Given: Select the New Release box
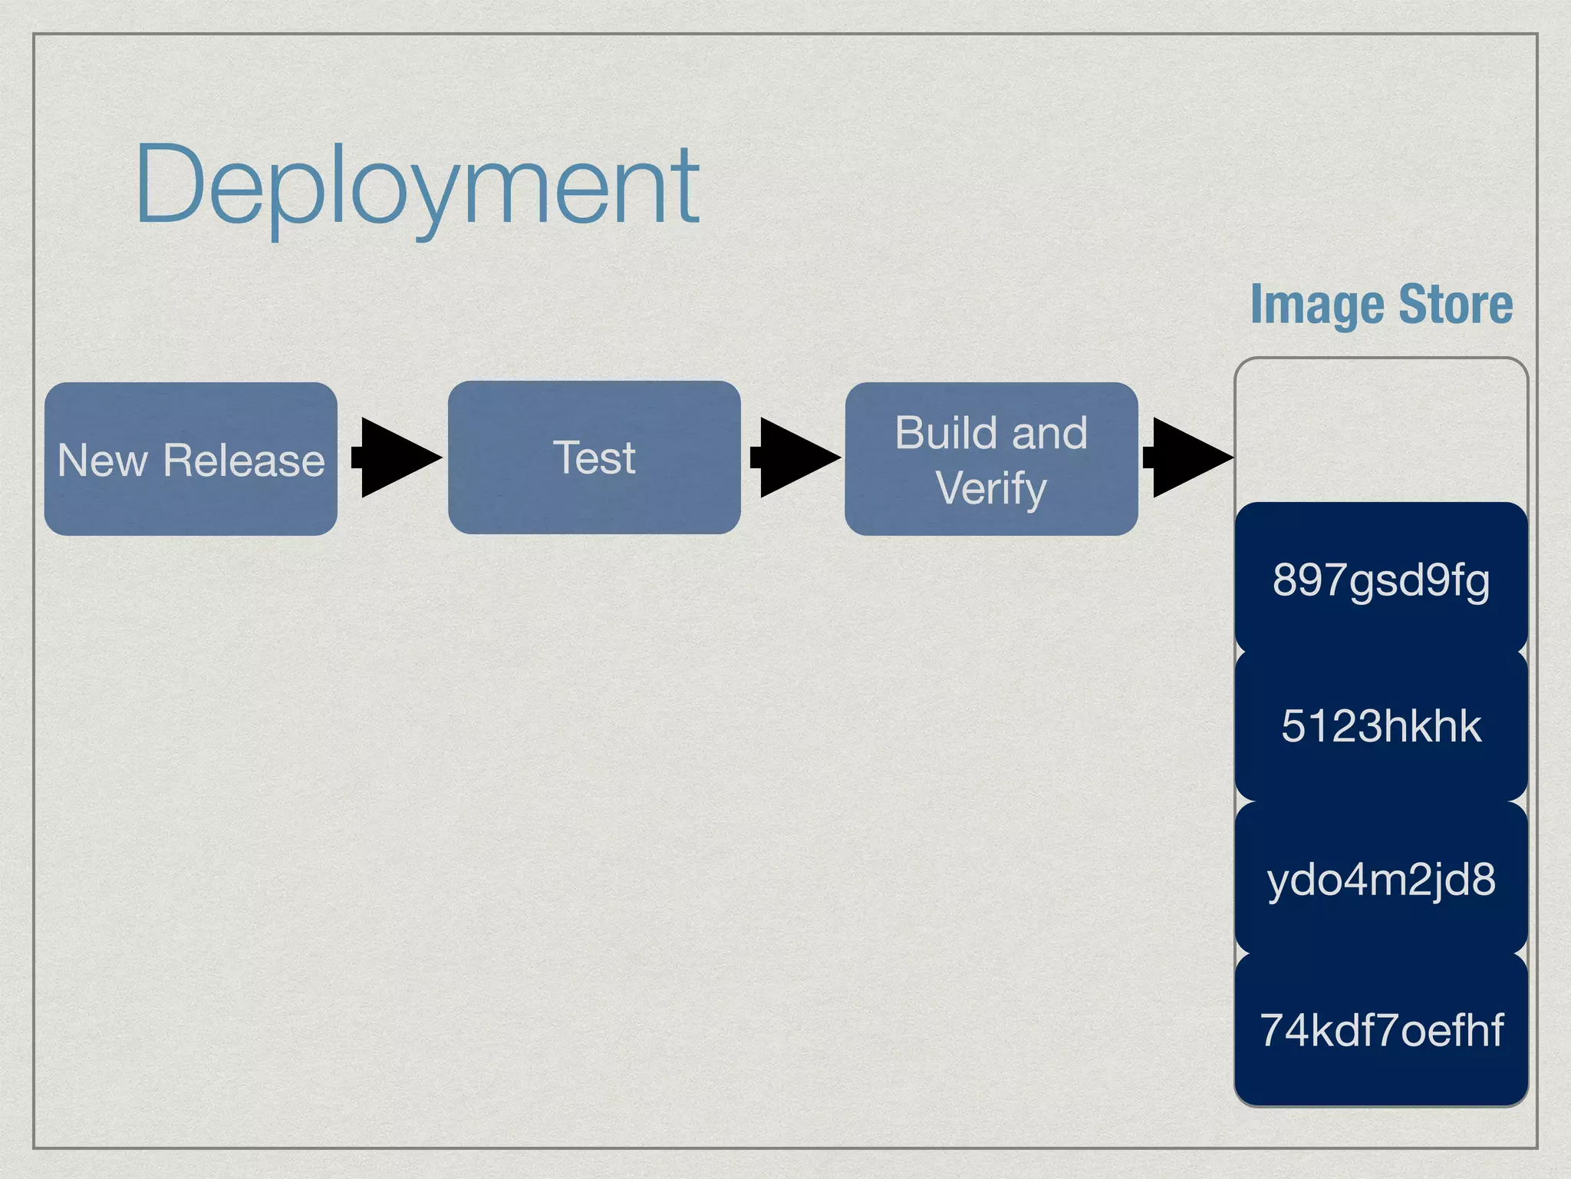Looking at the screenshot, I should pos(190,459).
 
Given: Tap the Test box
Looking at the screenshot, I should pos(594,457).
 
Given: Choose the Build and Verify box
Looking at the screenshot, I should pos(991,459).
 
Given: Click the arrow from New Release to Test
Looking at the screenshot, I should pos(395,457).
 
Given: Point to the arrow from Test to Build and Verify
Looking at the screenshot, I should pos(794,457).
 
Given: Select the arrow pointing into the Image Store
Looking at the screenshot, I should pos(1187,457).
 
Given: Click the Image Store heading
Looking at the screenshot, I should pos(1381,305).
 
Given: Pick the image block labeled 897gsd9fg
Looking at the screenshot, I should pos(1381,580).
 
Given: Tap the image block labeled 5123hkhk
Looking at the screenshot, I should pos(1381,726).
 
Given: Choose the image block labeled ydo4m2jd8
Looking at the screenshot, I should pos(1381,879).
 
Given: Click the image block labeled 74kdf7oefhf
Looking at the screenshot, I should pos(1381,1030).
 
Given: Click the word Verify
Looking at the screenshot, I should pos(991,488).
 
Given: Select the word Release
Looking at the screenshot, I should pos(244,461).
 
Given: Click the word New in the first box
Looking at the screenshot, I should pos(102,461).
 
